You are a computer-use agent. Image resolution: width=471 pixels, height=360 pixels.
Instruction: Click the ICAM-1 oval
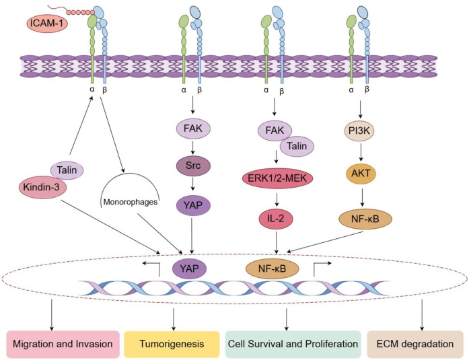point(47,24)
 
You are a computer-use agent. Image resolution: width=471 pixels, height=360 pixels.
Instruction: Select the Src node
point(193,166)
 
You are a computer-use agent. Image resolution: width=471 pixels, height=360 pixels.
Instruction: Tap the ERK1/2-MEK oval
point(277,178)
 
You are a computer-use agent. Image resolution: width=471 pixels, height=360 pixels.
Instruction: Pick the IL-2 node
point(276,219)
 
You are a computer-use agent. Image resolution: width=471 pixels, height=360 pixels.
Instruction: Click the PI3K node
point(359,131)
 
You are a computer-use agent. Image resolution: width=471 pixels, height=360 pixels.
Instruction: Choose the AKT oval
point(361,174)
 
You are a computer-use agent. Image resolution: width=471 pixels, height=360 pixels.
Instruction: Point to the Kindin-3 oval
point(42,188)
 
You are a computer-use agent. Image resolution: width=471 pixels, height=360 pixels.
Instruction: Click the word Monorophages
point(131,202)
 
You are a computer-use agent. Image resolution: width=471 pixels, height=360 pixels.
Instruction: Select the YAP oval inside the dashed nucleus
point(189,268)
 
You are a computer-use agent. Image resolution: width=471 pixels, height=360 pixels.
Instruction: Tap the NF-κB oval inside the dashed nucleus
point(272,268)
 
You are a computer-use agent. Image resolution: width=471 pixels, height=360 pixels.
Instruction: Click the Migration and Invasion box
point(63,344)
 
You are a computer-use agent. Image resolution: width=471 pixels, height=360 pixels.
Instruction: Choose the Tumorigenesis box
point(172,344)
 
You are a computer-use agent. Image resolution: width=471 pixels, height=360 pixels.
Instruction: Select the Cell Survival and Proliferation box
point(293,344)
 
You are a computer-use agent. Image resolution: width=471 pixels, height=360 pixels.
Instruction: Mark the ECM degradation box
point(415,344)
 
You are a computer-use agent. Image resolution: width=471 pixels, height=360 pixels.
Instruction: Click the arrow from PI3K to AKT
point(361,153)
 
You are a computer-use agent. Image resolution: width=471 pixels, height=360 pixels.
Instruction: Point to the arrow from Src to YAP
point(193,184)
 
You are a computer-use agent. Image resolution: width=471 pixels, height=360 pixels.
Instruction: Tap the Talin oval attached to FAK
point(297,146)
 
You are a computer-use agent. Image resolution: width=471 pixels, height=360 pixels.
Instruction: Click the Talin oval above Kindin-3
point(67,170)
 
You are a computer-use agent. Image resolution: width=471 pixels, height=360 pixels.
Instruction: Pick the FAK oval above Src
point(193,129)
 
